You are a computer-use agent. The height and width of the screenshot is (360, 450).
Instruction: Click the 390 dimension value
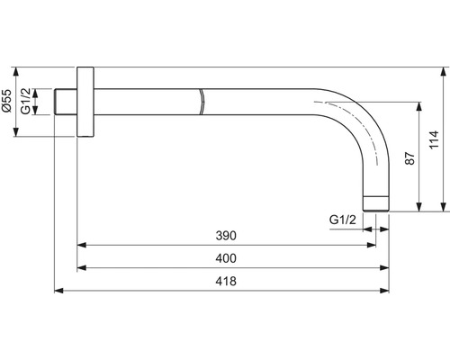[226, 236]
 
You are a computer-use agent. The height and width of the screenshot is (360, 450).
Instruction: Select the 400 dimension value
[226, 258]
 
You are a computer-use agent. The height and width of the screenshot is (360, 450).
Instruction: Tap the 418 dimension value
[226, 281]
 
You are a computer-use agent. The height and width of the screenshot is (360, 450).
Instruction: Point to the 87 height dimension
[409, 158]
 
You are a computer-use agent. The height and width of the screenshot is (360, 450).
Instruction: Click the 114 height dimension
[434, 139]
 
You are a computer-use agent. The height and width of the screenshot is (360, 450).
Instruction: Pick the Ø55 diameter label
[6, 100]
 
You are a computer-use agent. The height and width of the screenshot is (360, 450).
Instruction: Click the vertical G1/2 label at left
[25, 101]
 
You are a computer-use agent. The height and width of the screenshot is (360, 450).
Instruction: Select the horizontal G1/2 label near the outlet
[343, 220]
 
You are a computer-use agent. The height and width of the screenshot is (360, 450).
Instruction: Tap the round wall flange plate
[85, 102]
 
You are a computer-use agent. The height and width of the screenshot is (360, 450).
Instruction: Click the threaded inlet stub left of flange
[66, 102]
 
